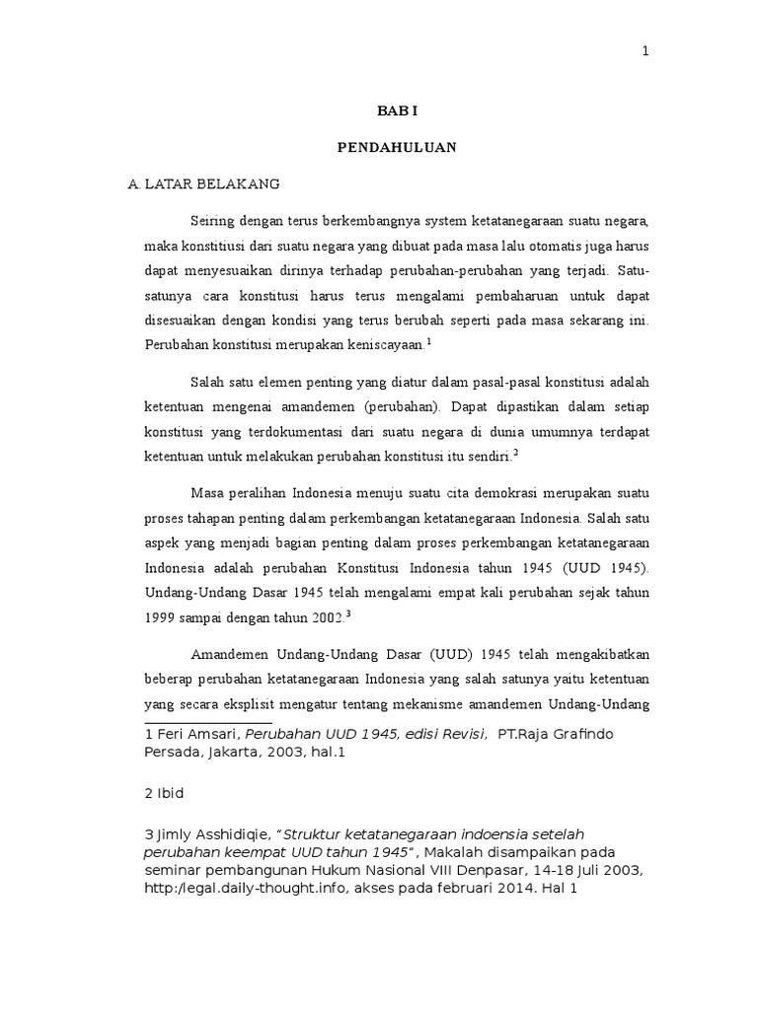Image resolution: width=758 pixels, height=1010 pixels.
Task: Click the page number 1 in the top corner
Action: (x=645, y=52)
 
